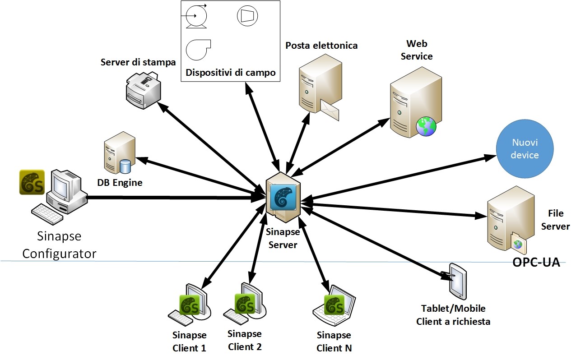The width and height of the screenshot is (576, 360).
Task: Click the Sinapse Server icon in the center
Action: click(x=283, y=198)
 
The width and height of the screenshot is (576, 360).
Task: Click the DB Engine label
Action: click(x=120, y=183)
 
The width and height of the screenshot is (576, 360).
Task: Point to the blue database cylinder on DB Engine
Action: click(x=125, y=166)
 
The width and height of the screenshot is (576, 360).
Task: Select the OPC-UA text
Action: click(x=536, y=263)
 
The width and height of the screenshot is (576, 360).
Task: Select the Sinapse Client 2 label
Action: click(x=245, y=340)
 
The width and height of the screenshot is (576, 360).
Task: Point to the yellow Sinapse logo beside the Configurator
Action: click(x=32, y=182)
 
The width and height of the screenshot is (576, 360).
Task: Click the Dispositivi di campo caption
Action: click(x=230, y=73)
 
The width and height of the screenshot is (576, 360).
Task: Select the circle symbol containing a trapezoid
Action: click(x=247, y=16)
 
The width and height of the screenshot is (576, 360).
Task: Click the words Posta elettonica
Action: click(x=321, y=45)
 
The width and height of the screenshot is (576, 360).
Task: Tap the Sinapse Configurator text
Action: click(x=60, y=244)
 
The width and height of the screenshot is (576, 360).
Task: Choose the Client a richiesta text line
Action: click(x=453, y=321)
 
